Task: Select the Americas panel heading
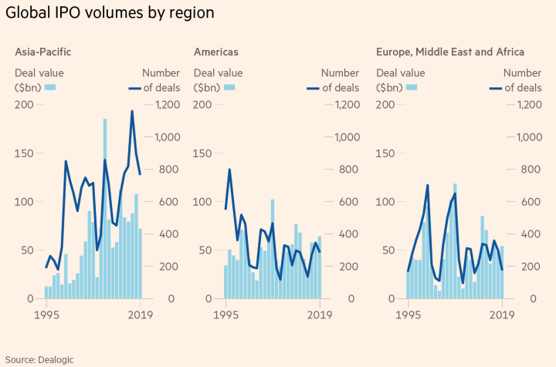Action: pos(215,52)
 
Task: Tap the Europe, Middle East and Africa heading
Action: pos(450,52)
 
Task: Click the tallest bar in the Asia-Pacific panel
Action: pos(105,208)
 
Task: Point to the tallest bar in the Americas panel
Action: pos(273,248)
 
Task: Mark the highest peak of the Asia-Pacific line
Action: pos(132,111)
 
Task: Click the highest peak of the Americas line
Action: pos(229,170)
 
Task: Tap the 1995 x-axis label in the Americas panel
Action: pos(225,314)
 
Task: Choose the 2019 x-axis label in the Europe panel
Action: pos(502,314)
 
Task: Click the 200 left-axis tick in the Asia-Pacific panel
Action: pos(24,104)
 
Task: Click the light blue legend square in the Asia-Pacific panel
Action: pos(51,87)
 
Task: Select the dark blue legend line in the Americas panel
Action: pos(312,87)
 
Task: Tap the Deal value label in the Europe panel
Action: pos(400,73)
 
